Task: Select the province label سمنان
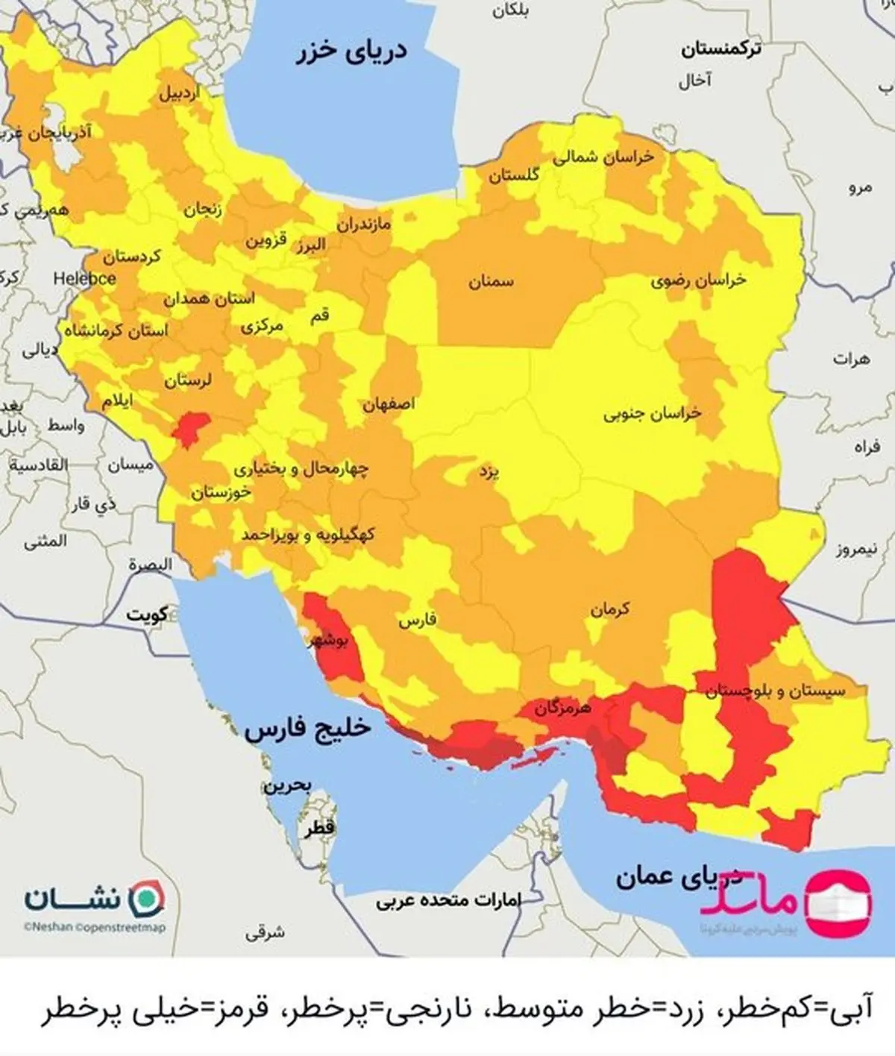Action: point(491,282)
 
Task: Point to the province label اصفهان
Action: point(389,405)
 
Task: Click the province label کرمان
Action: point(610,610)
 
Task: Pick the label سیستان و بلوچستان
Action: point(775,691)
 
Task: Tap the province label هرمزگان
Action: point(562,708)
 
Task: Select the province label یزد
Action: point(489,471)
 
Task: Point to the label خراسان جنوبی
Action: point(653,413)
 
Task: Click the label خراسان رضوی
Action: point(698,280)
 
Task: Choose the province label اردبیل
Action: point(179,94)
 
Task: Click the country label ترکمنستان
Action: point(720,50)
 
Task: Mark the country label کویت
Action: point(147,615)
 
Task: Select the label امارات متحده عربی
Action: point(448,900)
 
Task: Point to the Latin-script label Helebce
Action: point(84,279)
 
